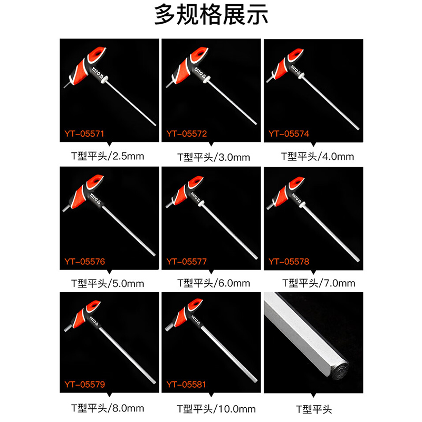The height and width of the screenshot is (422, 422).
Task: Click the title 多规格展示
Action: click(x=211, y=15)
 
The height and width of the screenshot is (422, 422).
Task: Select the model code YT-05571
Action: click(x=84, y=134)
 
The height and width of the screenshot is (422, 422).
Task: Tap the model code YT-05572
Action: click(x=187, y=134)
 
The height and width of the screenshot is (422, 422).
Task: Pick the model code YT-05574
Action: click(x=289, y=134)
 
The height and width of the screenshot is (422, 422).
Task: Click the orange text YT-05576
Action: click(x=84, y=262)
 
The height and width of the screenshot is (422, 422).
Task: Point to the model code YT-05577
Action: click(x=187, y=262)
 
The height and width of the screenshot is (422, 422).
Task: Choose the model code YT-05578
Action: click(x=289, y=262)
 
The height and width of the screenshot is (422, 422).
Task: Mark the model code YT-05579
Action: click(x=84, y=385)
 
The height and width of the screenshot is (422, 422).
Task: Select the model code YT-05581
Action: click(x=186, y=385)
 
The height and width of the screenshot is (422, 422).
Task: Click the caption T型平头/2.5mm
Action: click(x=108, y=156)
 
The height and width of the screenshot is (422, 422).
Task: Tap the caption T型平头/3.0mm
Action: click(x=214, y=157)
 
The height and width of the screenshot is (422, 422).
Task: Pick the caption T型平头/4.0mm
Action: click(x=318, y=157)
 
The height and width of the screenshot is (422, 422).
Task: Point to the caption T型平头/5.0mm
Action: click(x=108, y=284)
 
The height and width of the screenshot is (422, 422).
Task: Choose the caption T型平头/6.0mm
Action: click(x=214, y=283)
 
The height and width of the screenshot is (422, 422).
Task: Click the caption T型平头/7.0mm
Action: click(x=319, y=283)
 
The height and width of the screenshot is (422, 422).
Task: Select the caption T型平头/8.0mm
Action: click(x=108, y=408)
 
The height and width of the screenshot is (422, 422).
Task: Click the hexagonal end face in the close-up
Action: click(x=340, y=371)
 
